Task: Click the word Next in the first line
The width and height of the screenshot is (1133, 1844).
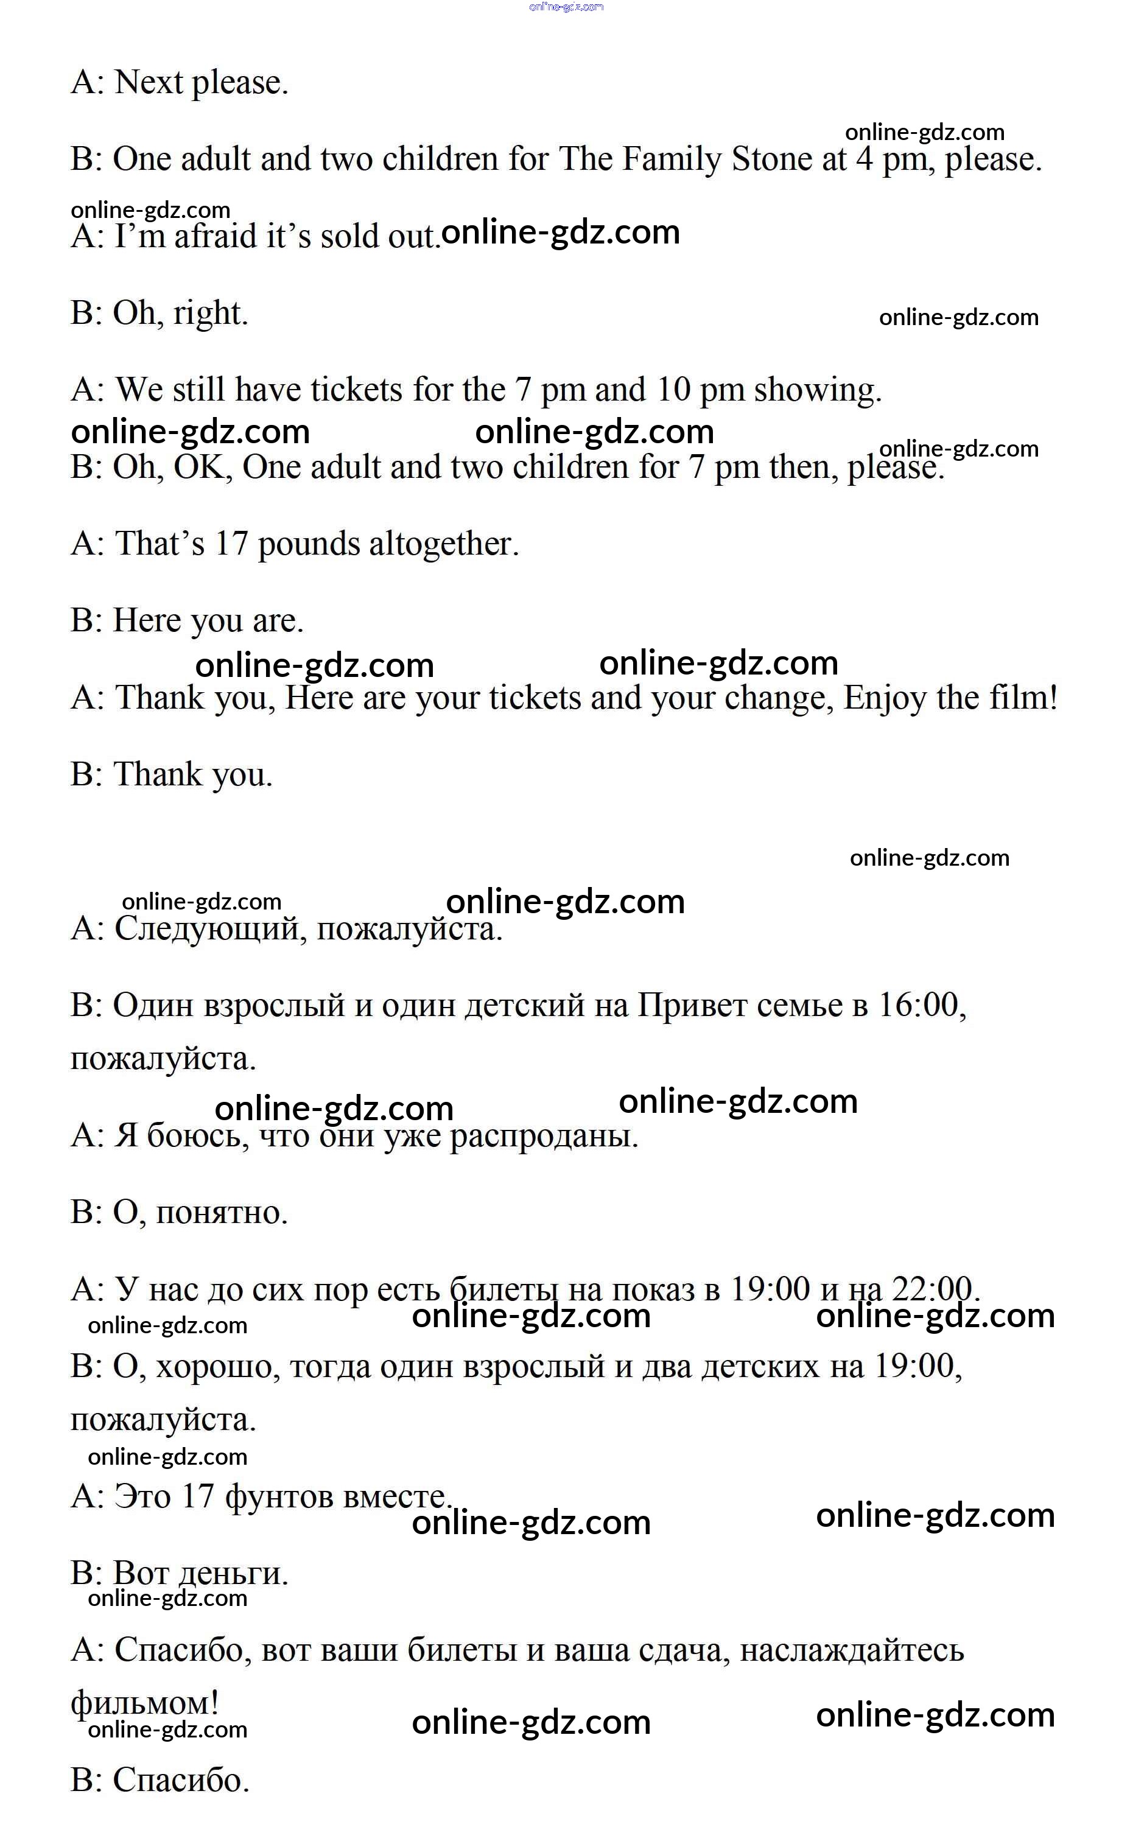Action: [149, 82]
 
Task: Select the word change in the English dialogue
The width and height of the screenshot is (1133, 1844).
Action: [779, 698]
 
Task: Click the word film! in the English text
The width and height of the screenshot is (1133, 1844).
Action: [1023, 698]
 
